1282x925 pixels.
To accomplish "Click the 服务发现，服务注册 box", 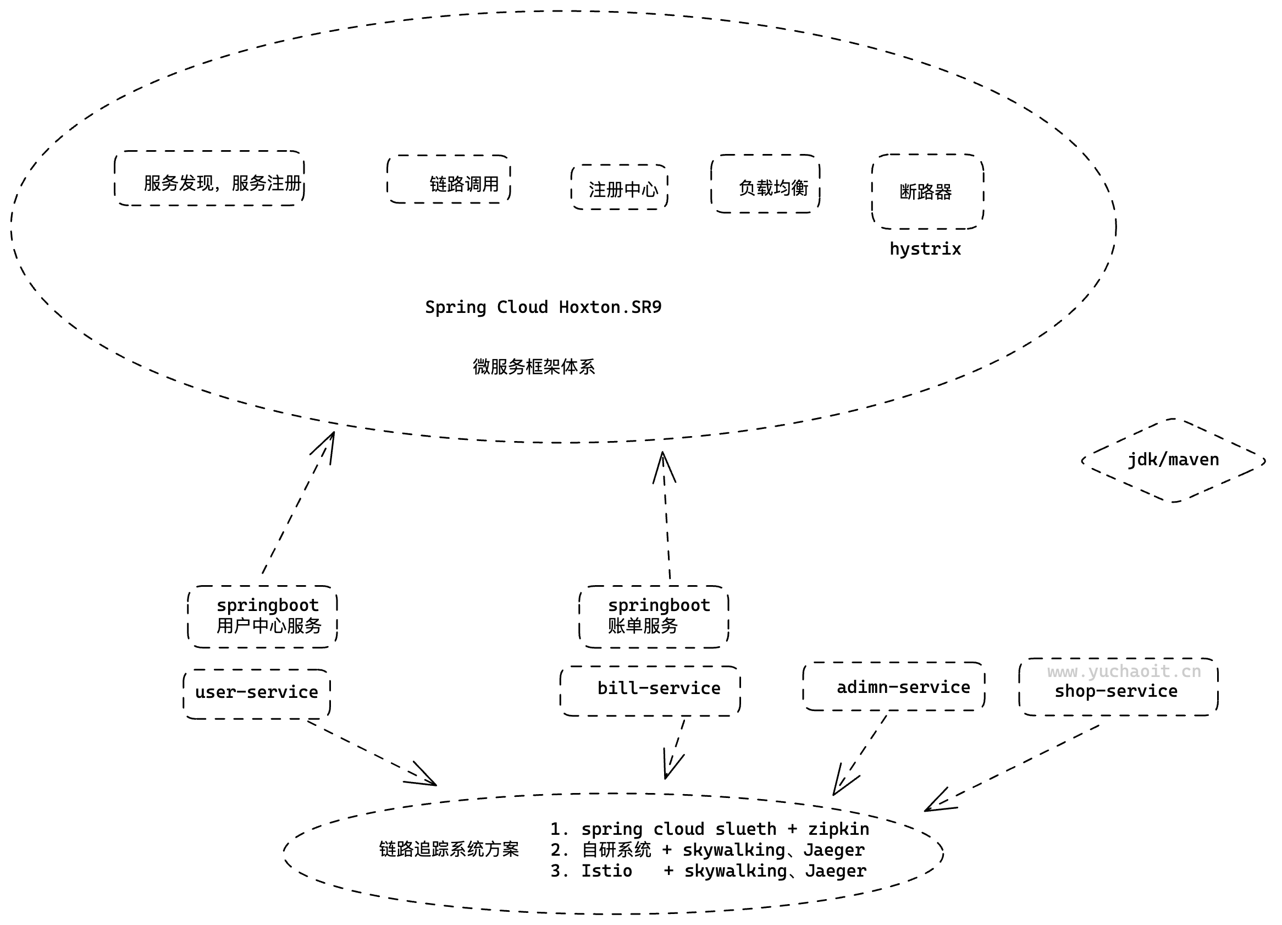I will (x=209, y=179).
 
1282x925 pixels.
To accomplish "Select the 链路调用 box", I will (x=449, y=180).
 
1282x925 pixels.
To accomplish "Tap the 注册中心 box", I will (x=620, y=188).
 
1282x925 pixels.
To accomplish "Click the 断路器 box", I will (x=928, y=192).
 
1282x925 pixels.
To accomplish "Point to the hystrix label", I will (x=925, y=249).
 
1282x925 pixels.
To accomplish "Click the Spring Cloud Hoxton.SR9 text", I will (x=543, y=307).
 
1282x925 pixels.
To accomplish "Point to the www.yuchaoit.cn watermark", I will (x=1124, y=671).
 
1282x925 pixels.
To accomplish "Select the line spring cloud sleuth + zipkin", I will (x=710, y=829).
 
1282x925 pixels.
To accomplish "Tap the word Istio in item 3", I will (x=607, y=871).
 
